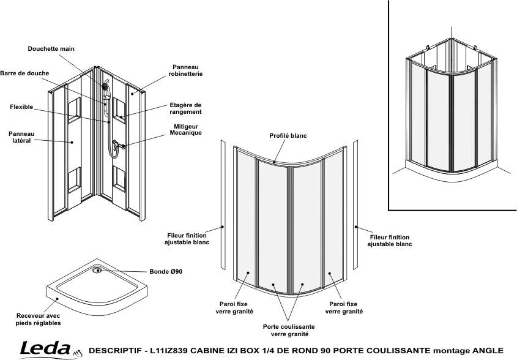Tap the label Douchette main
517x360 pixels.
(51, 49)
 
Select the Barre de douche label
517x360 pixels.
(24, 73)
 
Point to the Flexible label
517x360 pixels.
(21, 107)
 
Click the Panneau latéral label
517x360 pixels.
(21, 137)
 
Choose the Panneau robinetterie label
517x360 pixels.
(185, 70)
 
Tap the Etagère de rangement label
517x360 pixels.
(185, 108)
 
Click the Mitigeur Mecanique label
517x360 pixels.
(185, 130)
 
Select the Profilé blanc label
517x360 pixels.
(288, 136)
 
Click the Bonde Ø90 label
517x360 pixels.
(166, 272)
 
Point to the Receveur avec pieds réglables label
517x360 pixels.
(39, 320)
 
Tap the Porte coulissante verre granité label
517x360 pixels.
(289, 330)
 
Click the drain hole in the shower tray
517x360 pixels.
(97, 271)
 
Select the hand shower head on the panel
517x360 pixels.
(105, 87)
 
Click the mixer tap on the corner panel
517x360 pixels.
(117, 144)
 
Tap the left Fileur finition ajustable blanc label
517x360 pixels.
(187, 239)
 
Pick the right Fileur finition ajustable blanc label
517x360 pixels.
(390, 241)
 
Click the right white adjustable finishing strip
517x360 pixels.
(355, 204)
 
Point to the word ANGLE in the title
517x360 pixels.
(488, 350)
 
